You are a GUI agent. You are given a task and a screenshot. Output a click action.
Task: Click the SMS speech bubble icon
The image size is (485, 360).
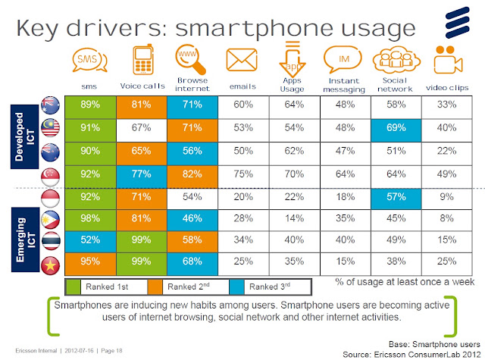click(x=89, y=60)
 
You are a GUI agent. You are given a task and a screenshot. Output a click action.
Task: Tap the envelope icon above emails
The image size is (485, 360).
click(x=242, y=60)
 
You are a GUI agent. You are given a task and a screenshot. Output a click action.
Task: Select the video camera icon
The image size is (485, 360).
click(x=448, y=60)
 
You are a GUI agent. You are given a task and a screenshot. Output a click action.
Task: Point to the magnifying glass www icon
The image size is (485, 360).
click(x=190, y=59)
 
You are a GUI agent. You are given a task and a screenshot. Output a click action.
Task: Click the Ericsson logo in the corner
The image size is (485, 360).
click(x=458, y=23)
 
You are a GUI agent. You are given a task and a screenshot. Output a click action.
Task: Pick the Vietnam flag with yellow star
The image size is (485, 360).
click(x=51, y=266)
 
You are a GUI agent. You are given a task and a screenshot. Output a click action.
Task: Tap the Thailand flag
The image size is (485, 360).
click(x=51, y=241)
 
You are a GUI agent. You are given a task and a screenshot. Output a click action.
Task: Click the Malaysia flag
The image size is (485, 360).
click(x=50, y=128)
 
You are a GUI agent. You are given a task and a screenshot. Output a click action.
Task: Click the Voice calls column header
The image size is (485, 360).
click(x=142, y=86)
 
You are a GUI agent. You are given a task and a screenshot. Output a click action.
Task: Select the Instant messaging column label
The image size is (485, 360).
click(x=344, y=85)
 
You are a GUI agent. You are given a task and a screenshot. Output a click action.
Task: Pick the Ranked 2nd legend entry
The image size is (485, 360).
click(x=189, y=286)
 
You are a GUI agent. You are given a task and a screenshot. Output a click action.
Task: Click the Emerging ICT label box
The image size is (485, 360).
click(x=25, y=239)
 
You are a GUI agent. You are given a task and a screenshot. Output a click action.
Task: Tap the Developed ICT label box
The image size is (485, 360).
click(x=24, y=136)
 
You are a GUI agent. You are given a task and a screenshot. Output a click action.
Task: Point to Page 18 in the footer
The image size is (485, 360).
click(x=111, y=351)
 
